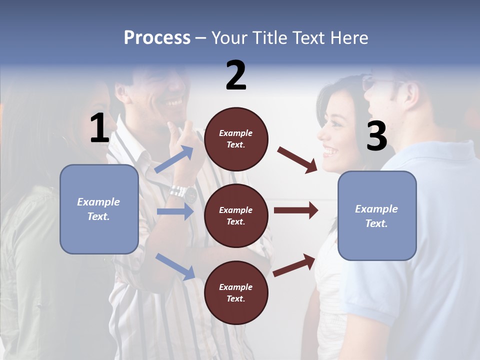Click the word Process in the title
(x=157, y=38)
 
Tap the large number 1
(x=99, y=128)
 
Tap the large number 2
(x=236, y=75)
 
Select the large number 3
(x=376, y=136)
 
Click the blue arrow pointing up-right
(x=174, y=159)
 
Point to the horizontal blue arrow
(x=175, y=211)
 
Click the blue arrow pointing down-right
(x=175, y=266)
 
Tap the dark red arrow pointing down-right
(x=297, y=160)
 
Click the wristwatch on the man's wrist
(x=183, y=192)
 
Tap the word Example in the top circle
(x=236, y=133)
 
